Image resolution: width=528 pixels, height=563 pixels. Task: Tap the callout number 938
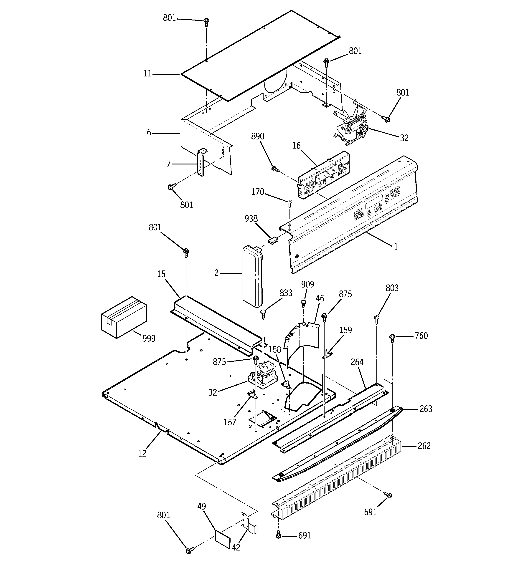pyautogui.click(x=251, y=219)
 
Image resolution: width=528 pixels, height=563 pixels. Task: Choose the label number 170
pyautogui.click(x=258, y=192)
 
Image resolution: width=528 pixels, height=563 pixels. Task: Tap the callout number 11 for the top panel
pyautogui.click(x=147, y=74)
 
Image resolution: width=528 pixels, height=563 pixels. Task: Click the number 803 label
pyautogui.click(x=392, y=288)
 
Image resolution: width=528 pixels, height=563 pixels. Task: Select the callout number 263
pyautogui.click(x=426, y=409)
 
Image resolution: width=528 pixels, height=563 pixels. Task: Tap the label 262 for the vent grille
pyautogui.click(x=424, y=446)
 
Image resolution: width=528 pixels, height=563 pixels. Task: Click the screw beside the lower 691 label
pyautogui.click(x=279, y=535)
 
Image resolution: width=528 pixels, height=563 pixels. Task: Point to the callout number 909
pyautogui.click(x=307, y=284)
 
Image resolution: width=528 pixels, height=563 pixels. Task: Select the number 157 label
pyautogui.click(x=230, y=422)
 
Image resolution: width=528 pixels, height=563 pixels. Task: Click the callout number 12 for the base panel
pyautogui.click(x=142, y=453)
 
